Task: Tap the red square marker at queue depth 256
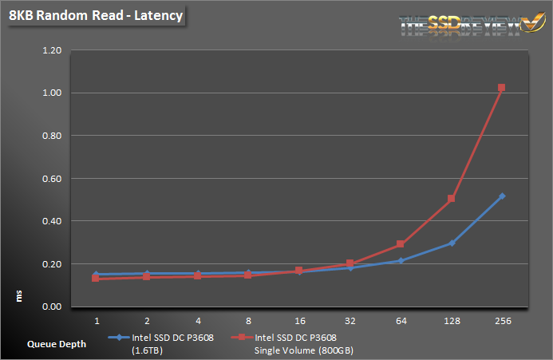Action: click(x=502, y=88)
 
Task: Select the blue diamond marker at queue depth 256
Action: click(x=502, y=196)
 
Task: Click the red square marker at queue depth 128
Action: click(x=451, y=199)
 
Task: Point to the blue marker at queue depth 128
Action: click(x=451, y=243)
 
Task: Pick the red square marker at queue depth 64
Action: click(x=401, y=244)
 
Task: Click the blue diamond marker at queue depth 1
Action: click(x=97, y=274)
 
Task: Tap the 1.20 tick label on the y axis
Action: click(x=52, y=50)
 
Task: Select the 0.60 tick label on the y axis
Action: click(x=52, y=178)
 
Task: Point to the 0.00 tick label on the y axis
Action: click(x=52, y=307)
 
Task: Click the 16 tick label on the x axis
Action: click(x=299, y=321)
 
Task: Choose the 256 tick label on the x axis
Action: click(x=502, y=321)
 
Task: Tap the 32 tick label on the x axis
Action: click(x=350, y=321)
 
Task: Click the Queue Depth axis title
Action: click(x=57, y=344)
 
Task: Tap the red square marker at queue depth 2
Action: click(x=147, y=277)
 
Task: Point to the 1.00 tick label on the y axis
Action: click(x=52, y=93)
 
